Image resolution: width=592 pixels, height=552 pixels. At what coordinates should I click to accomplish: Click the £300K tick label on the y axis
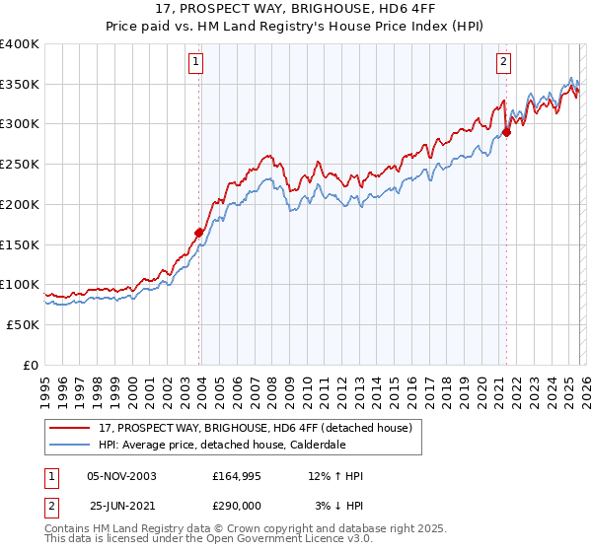click(x=20, y=124)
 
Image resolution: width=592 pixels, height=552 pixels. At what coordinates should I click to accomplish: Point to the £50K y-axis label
click(x=23, y=324)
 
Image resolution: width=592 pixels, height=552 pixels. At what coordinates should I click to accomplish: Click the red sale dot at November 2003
click(x=199, y=233)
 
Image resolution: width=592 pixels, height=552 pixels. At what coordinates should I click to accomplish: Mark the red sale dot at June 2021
click(x=506, y=132)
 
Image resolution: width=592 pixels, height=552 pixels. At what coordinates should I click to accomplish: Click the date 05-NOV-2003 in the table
click(x=122, y=476)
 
